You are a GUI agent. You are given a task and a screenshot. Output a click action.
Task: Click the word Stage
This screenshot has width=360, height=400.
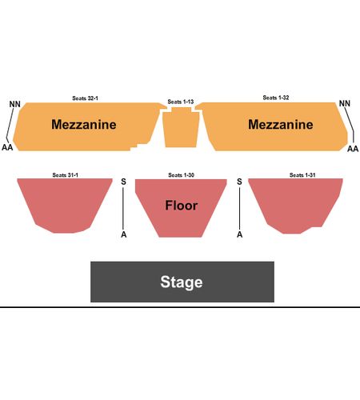pos(182,282)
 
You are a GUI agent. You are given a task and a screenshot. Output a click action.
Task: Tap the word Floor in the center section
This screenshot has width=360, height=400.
pos(182,206)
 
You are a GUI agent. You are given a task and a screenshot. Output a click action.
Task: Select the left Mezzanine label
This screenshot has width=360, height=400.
pos(84,125)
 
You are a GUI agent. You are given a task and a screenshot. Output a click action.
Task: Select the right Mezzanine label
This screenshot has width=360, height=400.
pos(281,125)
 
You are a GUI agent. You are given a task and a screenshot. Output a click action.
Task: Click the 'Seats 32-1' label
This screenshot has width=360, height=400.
pos(85,98)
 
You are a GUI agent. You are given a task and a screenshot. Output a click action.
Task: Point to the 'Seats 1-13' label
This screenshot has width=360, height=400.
pos(181,102)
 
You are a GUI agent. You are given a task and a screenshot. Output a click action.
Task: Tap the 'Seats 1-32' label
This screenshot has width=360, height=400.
pos(276,98)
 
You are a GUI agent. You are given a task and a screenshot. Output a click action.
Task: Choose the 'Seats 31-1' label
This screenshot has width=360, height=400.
pos(66,175)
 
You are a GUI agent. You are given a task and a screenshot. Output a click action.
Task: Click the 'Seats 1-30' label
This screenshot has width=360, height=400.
pos(181,175)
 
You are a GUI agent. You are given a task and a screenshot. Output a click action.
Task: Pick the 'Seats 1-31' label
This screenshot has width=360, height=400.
pos(302,175)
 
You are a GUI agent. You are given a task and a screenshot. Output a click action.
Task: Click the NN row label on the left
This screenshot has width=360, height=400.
pos(15,104)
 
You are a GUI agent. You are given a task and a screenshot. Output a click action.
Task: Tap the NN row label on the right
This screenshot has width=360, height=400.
pos(345,103)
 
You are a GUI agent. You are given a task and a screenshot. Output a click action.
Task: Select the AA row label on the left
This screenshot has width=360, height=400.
pos(7,147)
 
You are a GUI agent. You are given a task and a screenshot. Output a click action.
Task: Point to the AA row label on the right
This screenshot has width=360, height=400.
pos(353,149)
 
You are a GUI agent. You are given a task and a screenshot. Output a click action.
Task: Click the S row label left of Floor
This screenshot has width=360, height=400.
pos(123,182)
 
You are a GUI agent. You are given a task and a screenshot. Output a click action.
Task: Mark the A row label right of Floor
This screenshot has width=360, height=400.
pos(240,234)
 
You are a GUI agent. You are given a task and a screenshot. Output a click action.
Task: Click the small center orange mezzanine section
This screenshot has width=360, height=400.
pos(181,127)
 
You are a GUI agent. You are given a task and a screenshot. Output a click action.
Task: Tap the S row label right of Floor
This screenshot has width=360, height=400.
pos(239,182)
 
